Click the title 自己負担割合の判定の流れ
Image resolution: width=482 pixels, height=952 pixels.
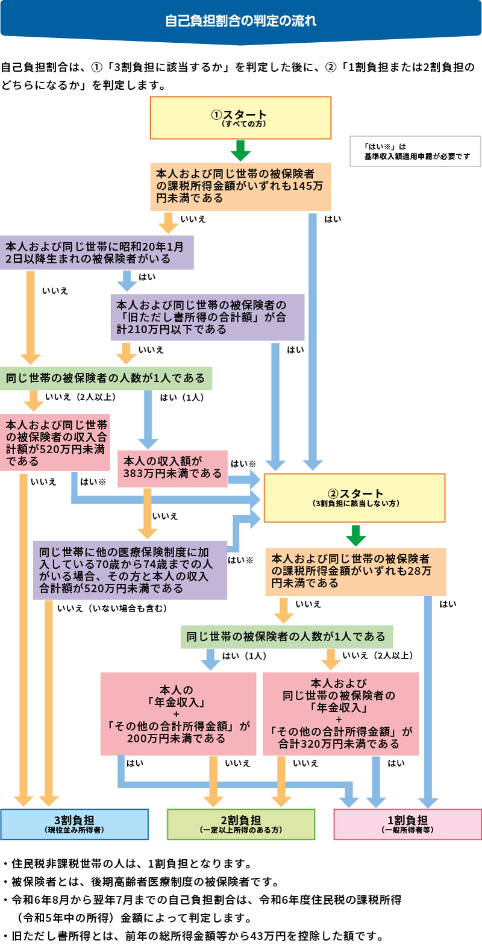(x=240, y=21)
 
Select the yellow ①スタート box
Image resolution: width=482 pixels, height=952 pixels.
(x=240, y=118)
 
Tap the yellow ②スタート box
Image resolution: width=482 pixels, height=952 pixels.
(x=354, y=498)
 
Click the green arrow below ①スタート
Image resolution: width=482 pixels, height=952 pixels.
(x=240, y=150)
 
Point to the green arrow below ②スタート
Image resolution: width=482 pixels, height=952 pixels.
(x=355, y=535)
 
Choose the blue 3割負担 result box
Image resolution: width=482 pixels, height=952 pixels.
(x=74, y=824)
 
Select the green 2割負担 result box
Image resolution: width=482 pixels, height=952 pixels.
(x=240, y=824)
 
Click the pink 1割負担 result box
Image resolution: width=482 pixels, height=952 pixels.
(x=407, y=824)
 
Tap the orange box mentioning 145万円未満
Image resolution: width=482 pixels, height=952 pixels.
(x=240, y=186)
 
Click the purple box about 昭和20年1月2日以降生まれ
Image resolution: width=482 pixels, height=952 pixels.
(x=96, y=252)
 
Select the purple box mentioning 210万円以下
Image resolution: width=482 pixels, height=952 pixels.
(x=207, y=318)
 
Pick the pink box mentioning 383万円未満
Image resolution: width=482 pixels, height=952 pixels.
(x=172, y=468)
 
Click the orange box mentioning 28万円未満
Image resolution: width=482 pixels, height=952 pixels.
(x=355, y=571)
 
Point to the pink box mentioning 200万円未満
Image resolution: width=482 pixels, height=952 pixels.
(x=178, y=714)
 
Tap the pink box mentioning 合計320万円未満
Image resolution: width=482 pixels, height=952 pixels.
(x=340, y=714)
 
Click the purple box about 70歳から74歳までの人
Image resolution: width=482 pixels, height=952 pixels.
(x=130, y=570)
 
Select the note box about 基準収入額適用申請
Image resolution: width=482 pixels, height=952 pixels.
(x=415, y=151)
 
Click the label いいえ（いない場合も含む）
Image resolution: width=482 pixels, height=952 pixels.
(x=112, y=609)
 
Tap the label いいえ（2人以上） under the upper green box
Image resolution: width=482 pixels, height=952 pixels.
(x=80, y=397)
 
